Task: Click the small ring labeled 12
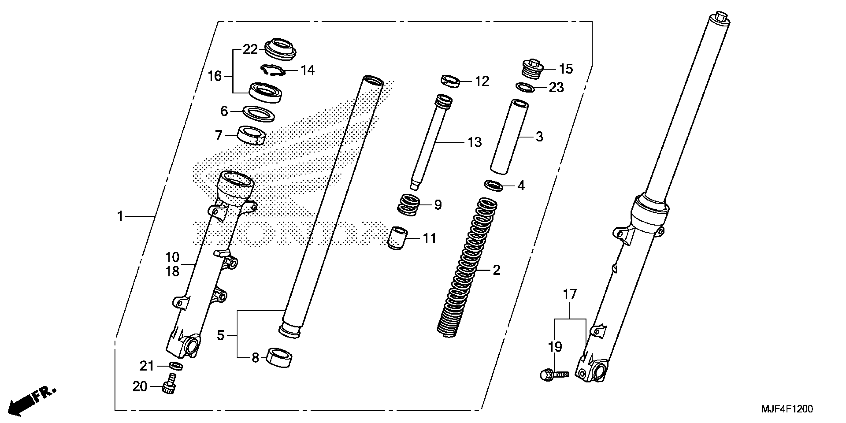click(x=450, y=81)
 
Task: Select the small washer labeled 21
click(x=176, y=366)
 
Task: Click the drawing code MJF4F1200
click(x=787, y=409)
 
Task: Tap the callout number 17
click(x=570, y=294)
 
